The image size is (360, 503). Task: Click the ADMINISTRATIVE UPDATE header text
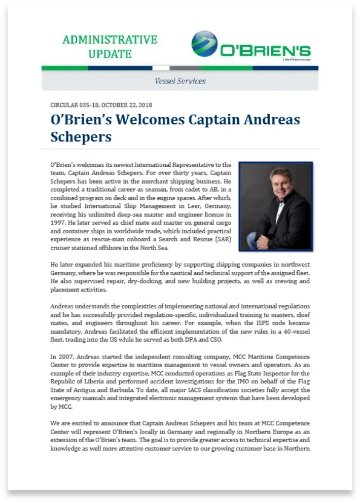[x=110, y=46]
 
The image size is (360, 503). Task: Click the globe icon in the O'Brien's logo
[x=204, y=44]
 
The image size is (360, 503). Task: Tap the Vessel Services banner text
[x=180, y=81]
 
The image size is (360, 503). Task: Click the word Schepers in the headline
[x=81, y=137]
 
